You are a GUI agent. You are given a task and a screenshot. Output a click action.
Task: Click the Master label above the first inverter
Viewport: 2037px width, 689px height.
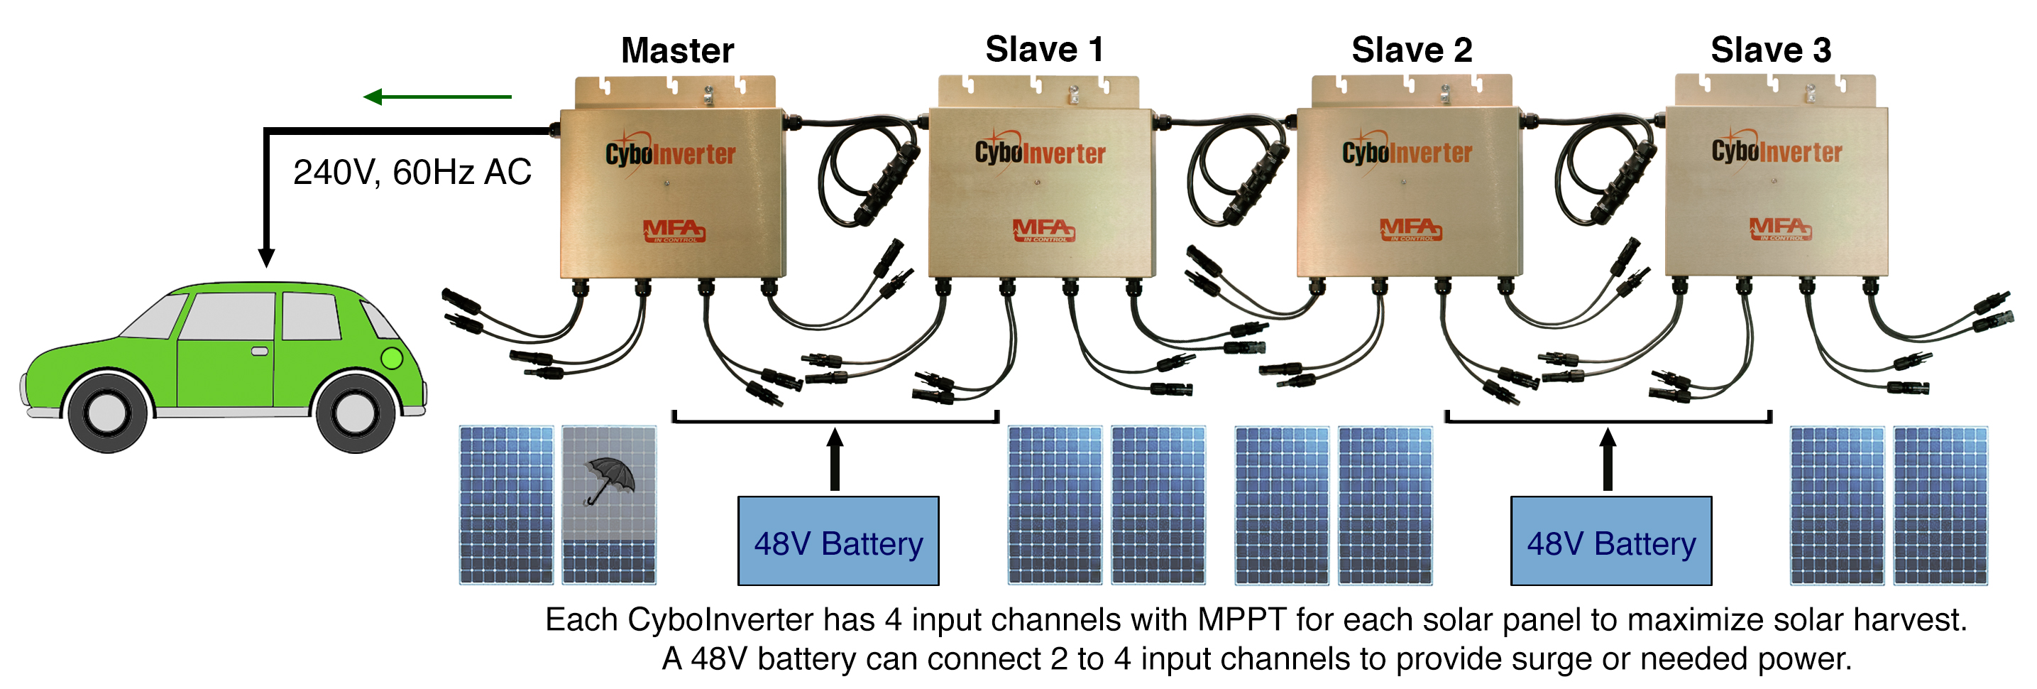point(677,50)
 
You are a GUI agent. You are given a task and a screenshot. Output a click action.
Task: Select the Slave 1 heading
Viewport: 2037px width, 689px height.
point(1043,49)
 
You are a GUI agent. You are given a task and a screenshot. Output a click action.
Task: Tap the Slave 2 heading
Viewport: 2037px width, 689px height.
point(1412,50)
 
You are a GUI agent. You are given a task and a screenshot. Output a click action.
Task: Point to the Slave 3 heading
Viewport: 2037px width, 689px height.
point(1771,50)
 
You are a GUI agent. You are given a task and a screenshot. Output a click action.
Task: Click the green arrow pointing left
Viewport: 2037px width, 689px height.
point(436,97)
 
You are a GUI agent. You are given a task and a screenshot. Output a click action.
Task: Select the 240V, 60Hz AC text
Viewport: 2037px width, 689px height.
point(411,173)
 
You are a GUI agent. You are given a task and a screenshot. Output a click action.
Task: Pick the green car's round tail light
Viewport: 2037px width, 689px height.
point(391,358)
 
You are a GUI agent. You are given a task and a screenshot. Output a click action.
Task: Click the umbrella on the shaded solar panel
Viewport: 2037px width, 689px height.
point(608,479)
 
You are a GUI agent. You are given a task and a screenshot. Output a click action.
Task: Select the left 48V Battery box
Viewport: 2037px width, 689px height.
point(838,542)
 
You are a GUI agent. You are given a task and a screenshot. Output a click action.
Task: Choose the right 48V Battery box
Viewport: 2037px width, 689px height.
point(1610,542)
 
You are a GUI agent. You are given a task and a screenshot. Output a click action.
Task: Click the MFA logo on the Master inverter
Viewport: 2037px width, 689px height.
point(673,230)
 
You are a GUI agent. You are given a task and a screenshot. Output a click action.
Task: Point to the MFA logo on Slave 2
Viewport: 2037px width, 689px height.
point(1410,229)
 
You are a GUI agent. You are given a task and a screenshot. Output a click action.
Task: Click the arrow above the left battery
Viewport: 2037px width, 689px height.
point(835,459)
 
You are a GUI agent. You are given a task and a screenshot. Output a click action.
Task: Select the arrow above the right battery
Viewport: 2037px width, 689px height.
point(1607,459)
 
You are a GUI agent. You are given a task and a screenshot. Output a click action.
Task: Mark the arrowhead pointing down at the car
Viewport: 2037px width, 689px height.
point(266,257)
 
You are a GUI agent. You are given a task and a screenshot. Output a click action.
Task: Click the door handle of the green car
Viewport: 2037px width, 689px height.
point(259,351)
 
